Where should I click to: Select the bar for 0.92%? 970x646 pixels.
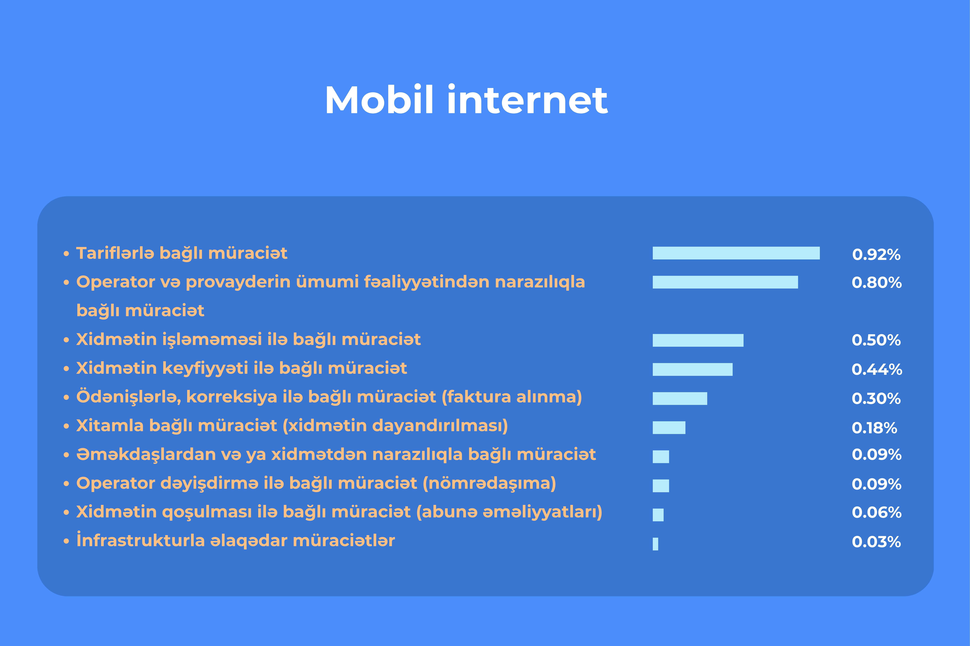[x=736, y=253]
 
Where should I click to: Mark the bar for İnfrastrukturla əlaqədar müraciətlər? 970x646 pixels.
[x=655, y=544]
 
